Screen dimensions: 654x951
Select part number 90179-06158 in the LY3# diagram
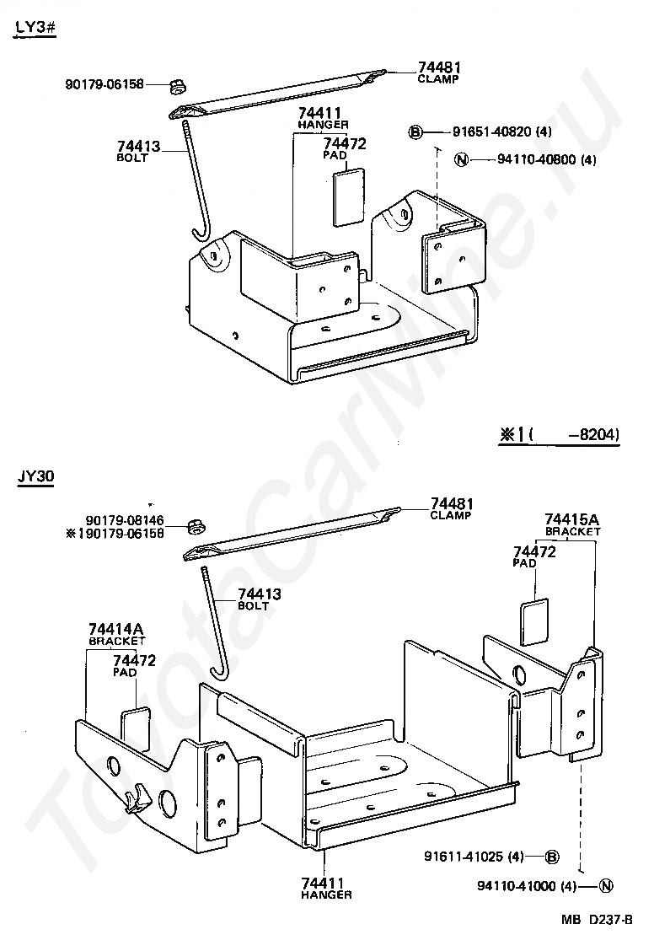coord(105,84)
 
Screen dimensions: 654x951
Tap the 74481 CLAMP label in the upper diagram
coord(438,72)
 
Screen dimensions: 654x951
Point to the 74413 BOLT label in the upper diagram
coord(138,152)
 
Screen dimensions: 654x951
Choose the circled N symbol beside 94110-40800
coord(460,158)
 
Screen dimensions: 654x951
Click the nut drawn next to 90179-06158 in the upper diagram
coord(176,85)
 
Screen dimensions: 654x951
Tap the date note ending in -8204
coord(560,435)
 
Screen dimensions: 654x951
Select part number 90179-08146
coord(125,521)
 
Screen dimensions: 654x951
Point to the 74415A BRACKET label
coord(572,524)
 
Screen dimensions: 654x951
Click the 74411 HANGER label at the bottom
coord(325,888)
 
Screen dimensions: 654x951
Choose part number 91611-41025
coord(473,857)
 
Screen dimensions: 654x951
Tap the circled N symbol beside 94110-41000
coord(607,886)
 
